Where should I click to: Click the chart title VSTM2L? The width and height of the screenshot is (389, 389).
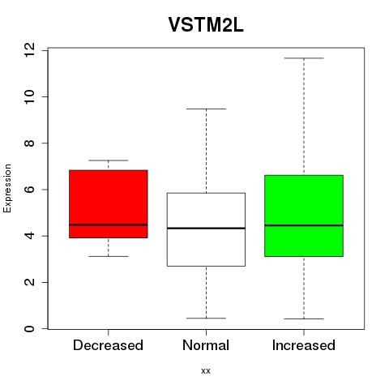point(206,25)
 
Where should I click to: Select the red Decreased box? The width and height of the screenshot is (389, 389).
point(109,204)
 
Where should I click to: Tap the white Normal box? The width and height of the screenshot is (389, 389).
point(206,229)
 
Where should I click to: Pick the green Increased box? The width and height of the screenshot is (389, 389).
point(304,216)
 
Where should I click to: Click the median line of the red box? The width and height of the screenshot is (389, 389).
point(109,224)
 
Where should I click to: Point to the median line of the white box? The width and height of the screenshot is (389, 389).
point(206,229)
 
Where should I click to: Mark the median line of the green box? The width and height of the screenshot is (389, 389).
point(304,225)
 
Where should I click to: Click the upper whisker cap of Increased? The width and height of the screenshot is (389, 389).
point(304,58)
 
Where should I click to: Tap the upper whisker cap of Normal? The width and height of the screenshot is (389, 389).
point(206,109)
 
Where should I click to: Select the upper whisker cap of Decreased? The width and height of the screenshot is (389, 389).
point(109,160)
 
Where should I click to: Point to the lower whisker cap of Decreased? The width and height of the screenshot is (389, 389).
point(109,256)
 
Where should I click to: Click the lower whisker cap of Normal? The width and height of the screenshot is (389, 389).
point(206,318)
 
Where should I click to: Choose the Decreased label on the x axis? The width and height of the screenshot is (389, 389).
point(108,345)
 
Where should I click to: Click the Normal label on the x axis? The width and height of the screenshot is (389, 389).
point(206,345)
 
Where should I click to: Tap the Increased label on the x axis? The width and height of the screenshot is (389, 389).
point(304,345)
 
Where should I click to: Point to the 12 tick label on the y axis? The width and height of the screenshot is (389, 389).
point(29,50)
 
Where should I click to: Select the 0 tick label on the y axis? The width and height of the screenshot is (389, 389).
point(29,329)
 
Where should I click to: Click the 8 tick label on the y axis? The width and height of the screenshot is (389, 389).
point(29,143)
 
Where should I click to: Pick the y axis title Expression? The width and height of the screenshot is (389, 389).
point(7,189)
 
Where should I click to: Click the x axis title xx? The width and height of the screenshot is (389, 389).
point(206,371)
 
